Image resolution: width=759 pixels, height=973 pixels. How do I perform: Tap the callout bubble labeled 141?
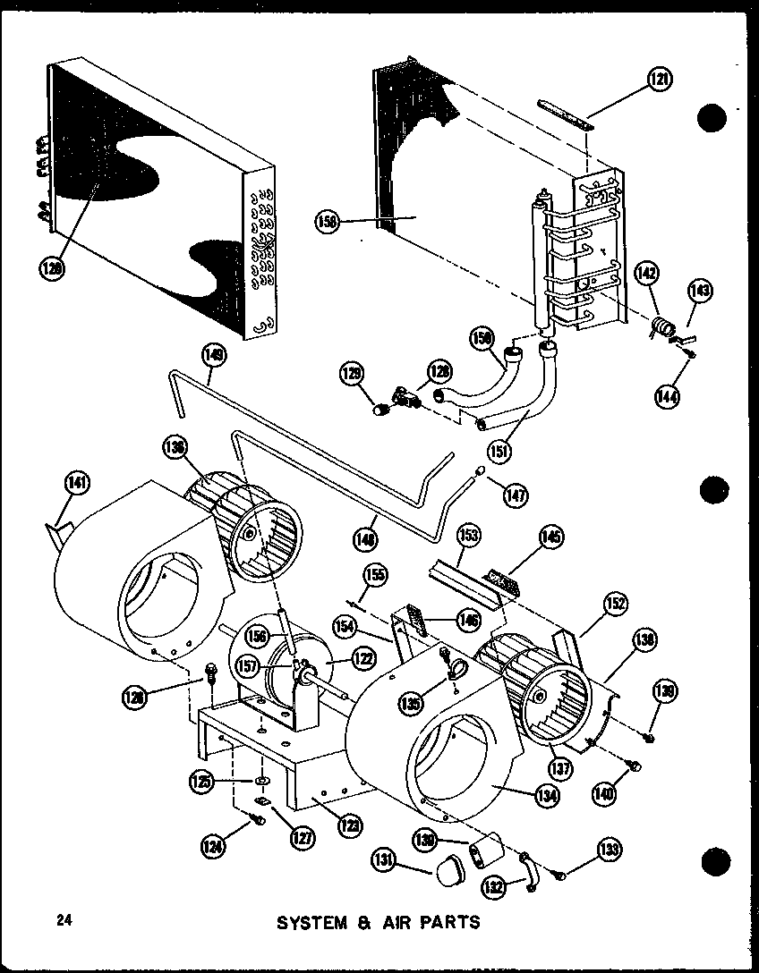(77, 483)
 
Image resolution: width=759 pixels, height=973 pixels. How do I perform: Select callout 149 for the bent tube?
(214, 354)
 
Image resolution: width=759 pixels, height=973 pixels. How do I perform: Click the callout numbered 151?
(499, 451)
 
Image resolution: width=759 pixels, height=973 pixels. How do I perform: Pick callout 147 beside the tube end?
(516, 493)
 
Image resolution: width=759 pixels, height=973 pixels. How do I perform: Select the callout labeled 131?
(383, 860)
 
